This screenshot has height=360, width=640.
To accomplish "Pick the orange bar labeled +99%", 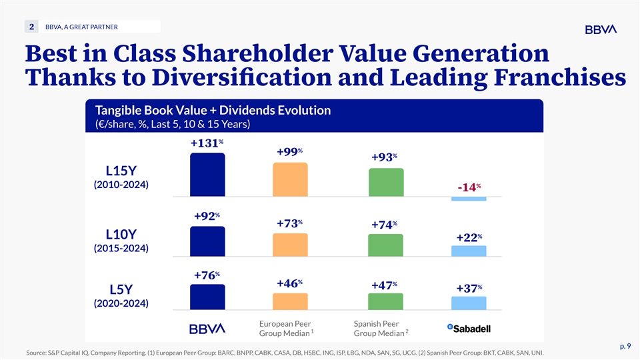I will pyautogui.click(x=290, y=179).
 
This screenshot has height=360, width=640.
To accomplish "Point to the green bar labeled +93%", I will pyautogui.click(x=386, y=182).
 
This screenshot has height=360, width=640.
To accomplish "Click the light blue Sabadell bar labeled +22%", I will pyautogui.click(x=469, y=251).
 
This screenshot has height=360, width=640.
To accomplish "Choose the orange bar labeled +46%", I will pyautogui.click(x=290, y=301).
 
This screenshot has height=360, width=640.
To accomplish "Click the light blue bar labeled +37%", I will pyautogui.click(x=469, y=303).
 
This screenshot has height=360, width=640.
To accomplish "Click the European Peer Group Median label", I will pyautogui.click(x=285, y=329).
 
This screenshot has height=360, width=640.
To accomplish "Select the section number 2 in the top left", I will pyautogui.click(x=32, y=27).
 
